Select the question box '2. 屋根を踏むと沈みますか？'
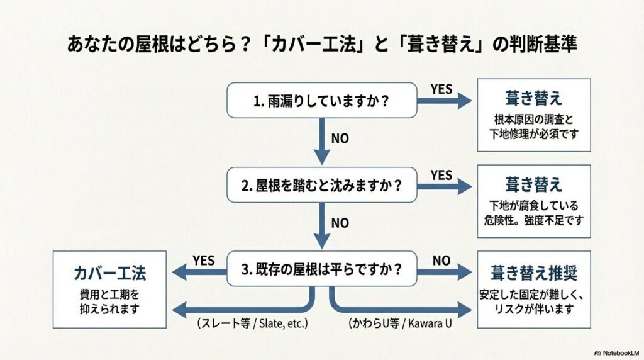pos(321,186)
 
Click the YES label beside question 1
pos(441,89)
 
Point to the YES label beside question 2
pos(441,175)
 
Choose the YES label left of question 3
pos(204,260)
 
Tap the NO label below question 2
pos(340,223)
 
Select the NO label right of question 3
pos(441,260)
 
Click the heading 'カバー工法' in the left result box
pos(110,273)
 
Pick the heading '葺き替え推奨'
pos(534,273)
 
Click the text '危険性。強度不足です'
pos(534,220)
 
